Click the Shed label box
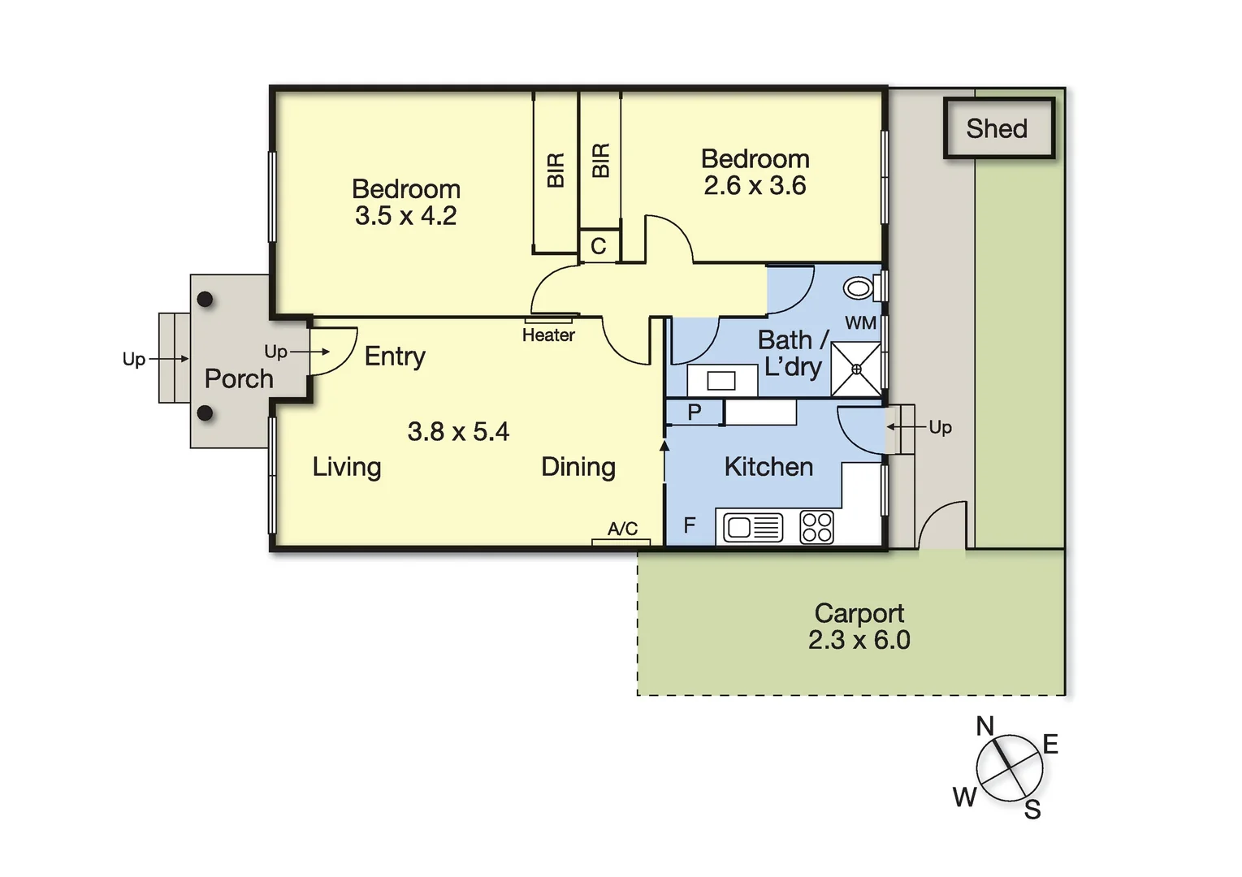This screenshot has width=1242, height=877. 998,128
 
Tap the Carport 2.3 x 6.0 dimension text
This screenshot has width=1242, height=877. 859,640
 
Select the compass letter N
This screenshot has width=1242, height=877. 985,726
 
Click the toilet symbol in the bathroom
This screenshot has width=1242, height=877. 859,287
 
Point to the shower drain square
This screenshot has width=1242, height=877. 856,369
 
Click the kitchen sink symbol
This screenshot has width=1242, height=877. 753,528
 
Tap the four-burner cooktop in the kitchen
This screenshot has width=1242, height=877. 816,527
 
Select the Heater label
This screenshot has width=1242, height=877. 548,335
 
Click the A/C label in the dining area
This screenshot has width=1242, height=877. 622,529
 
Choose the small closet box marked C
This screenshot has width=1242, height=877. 599,247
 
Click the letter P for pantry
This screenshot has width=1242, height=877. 694,412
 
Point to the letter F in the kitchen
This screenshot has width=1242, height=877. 689,525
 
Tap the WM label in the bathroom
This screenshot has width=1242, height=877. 860,323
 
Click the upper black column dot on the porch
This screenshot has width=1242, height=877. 206,299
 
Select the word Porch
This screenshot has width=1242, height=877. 239,378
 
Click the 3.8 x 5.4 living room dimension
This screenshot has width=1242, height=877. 458,431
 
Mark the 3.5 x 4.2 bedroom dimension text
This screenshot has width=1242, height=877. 405,216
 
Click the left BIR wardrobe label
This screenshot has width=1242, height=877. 556,171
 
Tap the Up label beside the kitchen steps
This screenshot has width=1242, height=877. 940,427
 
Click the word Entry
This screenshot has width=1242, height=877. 395,356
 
